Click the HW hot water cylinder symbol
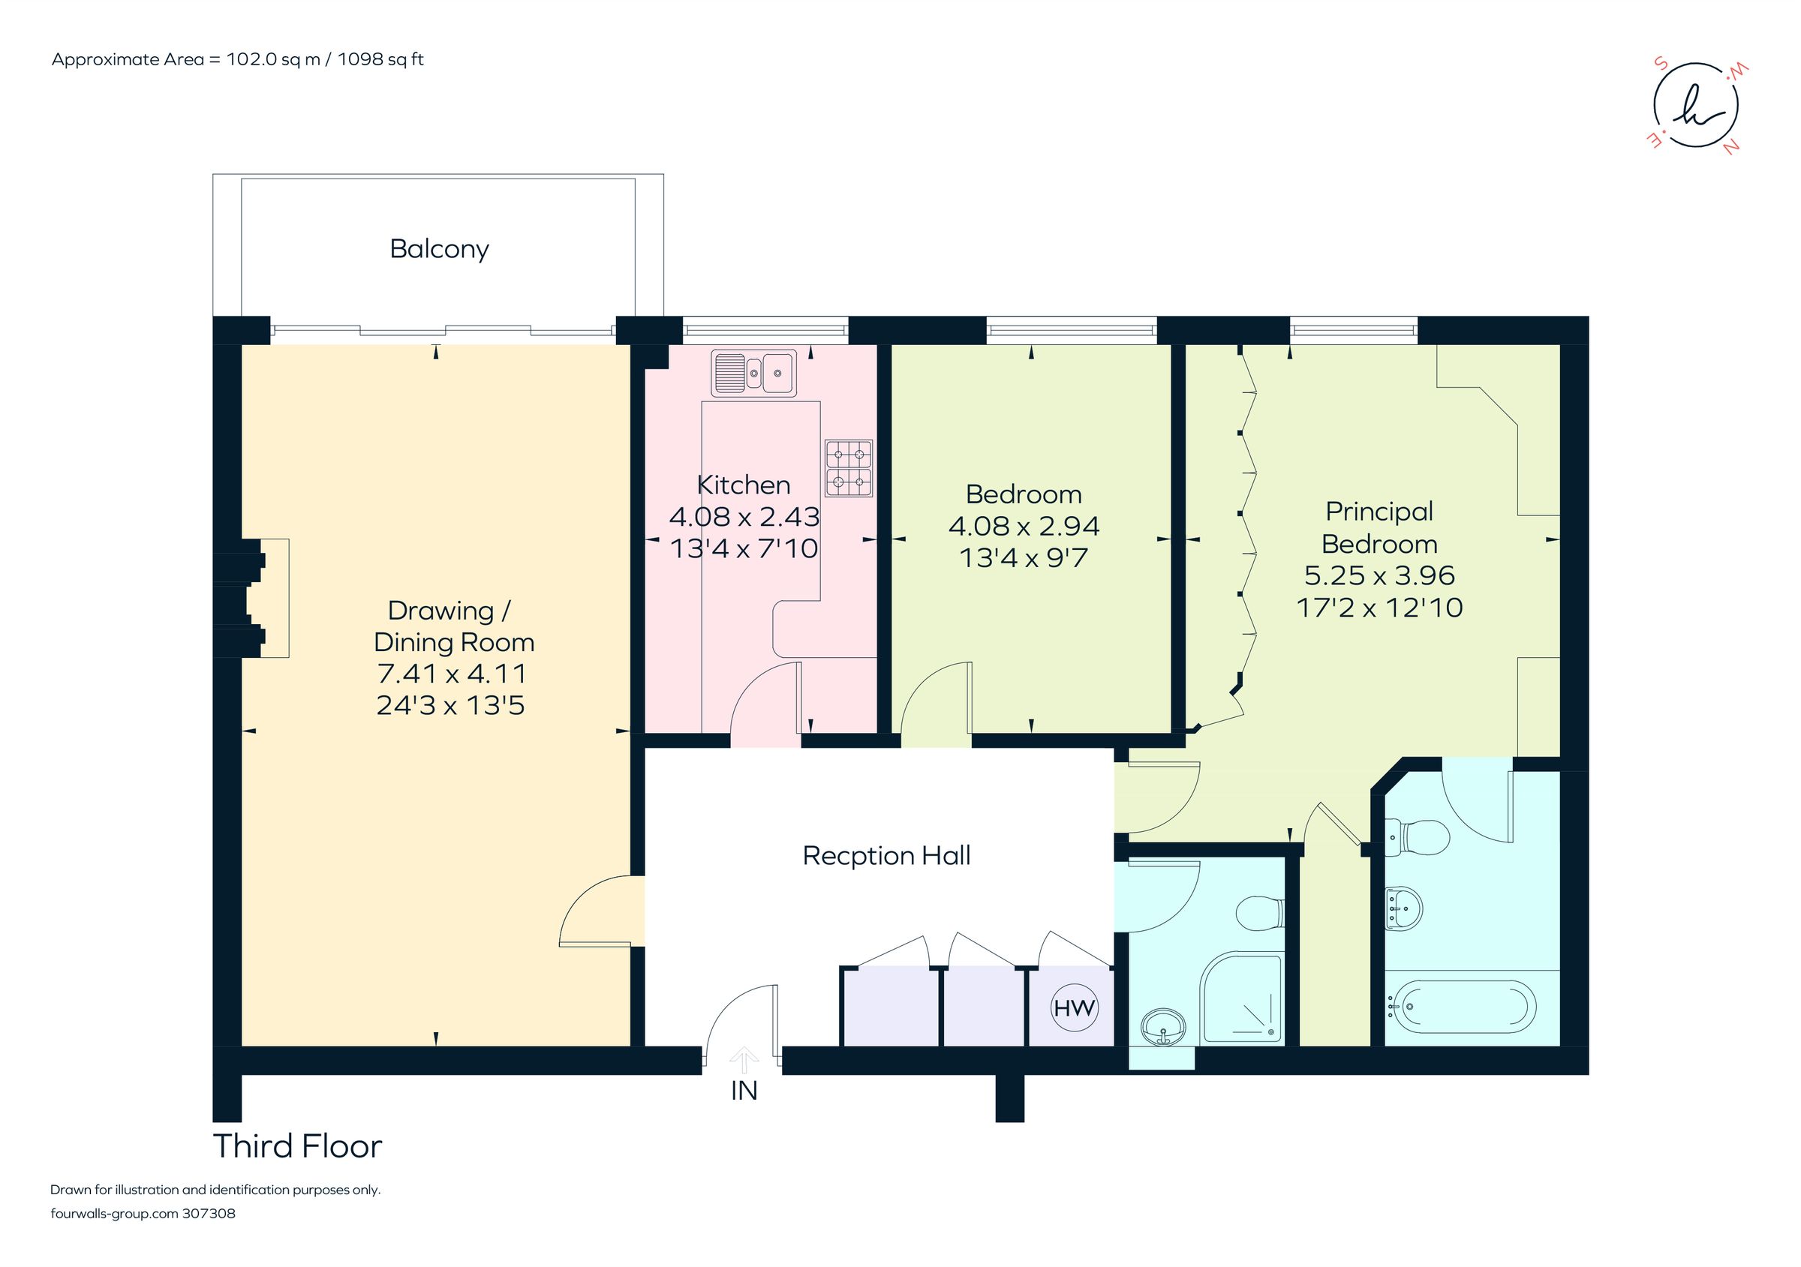(1074, 1008)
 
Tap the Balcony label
(439, 249)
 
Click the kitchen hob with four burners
(849, 468)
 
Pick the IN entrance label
(744, 1091)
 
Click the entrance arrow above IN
(744, 1060)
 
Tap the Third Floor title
(297, 1146)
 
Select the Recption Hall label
(886, 855)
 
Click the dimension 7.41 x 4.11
(452, 674)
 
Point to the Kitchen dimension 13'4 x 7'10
(744, 549)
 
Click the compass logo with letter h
(1695, 116)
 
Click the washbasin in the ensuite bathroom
(1403, 908)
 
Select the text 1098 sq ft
(380, 59)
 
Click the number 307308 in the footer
(209, 1214)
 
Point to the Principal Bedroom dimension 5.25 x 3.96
(1379, 575)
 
